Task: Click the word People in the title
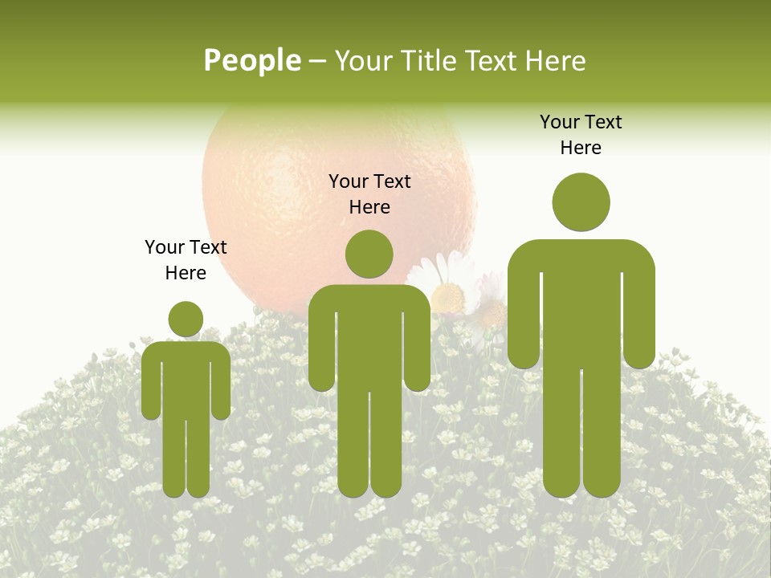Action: [x=252, y=61]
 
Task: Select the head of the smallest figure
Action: [x=186, y=319]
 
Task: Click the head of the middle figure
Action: [x=369, y=254]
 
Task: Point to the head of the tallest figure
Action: [x=581, y=201]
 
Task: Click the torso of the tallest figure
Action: [x=581, y=305]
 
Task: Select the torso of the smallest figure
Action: [x=186, y=377]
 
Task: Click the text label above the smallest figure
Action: [x=186, y=259]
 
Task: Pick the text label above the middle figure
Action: [x=369, y=193]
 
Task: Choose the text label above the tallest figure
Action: [x=581, y=134]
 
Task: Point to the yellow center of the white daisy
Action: [x=447, y=298]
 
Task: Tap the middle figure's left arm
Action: [x=321, y=345]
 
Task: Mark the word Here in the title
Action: [x=555, y=61]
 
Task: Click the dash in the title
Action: [x=317, y=62]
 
